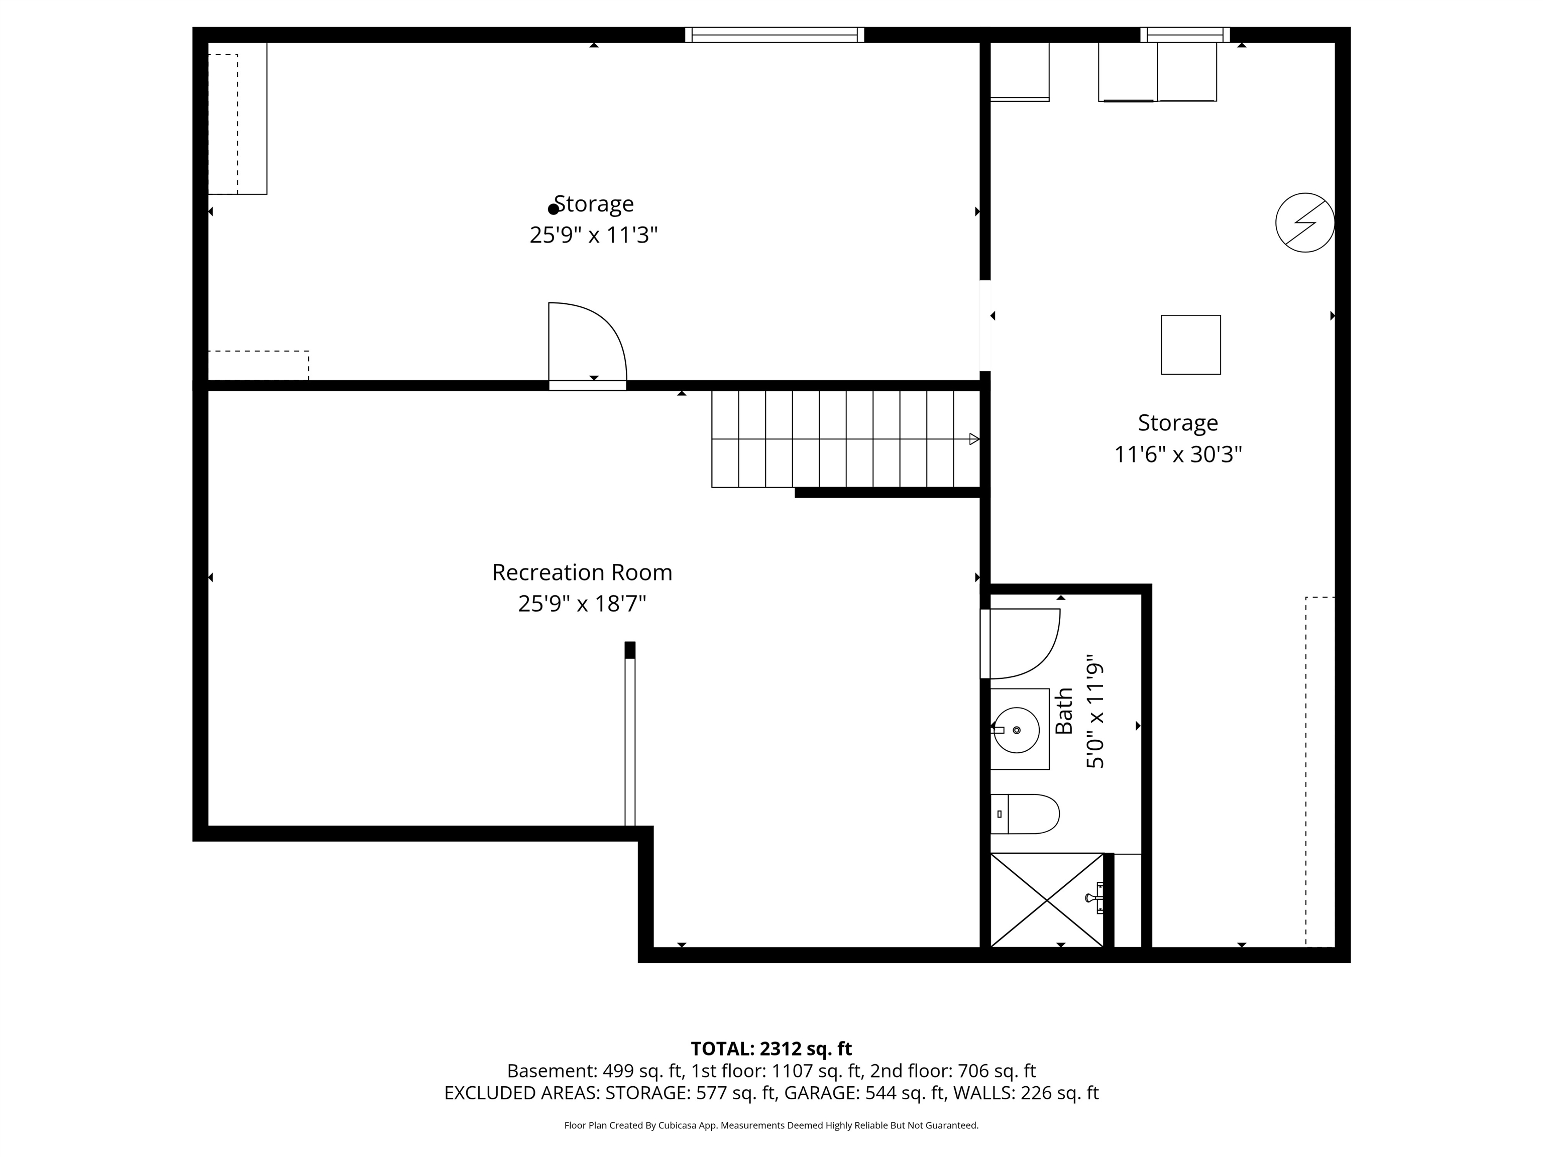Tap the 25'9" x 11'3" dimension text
coord(594,235)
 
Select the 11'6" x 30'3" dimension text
coord(1178,454)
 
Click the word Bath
coord(1064,712)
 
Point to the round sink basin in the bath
coord(1016,730)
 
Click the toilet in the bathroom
coord(1025,814)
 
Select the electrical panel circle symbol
coord(1305,222)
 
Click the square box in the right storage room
coord(1191,344)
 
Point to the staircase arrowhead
coord(974,439)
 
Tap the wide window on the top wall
coord(775,35)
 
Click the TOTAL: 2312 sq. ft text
coord(771,1049)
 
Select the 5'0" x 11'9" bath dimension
coord(1095,716)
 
